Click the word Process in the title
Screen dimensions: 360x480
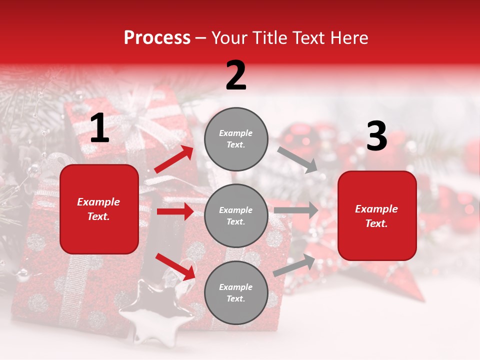tap(157, 38)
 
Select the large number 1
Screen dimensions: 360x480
tap(99, 128)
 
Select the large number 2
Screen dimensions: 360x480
tap(236, 75)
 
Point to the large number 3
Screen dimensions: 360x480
tap(376, 136)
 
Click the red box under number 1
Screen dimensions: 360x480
tap(99, 209)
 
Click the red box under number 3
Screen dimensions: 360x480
tap(376, 216)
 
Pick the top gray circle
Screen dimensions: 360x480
tap(236, 139)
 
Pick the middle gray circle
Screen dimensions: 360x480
tap(236, 215)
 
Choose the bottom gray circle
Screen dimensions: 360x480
tap(236, 292)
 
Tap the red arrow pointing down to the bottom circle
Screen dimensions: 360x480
tap(175, 266)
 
